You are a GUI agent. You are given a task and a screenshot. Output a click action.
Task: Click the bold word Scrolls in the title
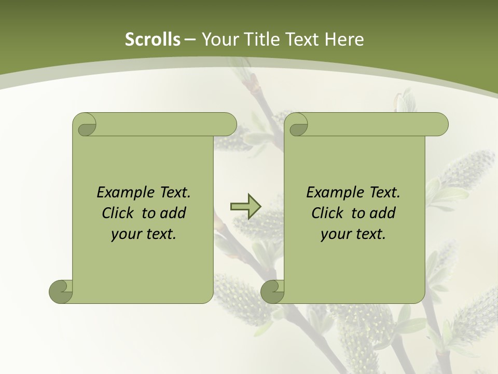point(153,39)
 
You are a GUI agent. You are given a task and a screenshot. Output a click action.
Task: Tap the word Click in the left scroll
point(119,213)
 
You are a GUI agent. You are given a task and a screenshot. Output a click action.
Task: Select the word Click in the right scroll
point(329,213)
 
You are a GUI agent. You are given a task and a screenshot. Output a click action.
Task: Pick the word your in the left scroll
point(126,234)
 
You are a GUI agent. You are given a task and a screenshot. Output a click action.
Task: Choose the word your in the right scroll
point(335,234)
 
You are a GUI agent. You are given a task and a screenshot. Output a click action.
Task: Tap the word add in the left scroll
point(173,213)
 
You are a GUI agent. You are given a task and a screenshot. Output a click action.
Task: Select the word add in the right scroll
point(383,213)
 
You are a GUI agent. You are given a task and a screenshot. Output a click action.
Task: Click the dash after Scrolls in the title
point(190,40)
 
